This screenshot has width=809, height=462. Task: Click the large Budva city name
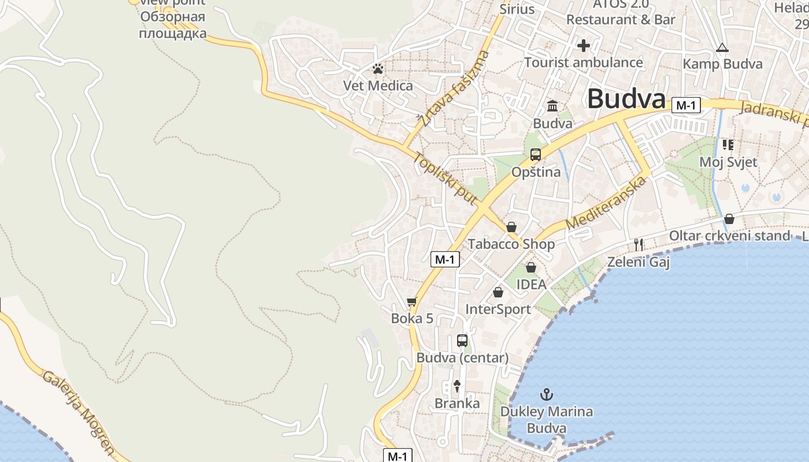(626, 99)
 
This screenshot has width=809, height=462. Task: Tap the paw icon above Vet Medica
(378, 69)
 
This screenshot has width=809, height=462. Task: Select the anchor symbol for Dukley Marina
(546, 394)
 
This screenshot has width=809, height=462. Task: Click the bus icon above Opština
(536, 155)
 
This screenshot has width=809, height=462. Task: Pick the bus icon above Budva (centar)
(462, 341)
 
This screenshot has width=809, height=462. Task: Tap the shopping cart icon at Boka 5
(412, 301)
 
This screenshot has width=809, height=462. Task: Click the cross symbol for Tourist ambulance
(584, 45)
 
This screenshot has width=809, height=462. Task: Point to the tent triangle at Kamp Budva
(722, 48)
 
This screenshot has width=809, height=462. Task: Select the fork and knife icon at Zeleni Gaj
(638, 245)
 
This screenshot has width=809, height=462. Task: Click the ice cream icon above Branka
(457, 386)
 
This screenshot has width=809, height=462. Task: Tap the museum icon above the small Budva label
(552, 106)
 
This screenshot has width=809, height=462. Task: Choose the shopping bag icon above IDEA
(530, 267)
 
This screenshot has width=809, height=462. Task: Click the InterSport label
(498, 310)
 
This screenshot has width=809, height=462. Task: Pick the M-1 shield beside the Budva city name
(686, 105)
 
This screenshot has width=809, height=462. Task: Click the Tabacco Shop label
(511, 244)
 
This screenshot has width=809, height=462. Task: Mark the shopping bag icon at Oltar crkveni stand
(729, 219)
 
